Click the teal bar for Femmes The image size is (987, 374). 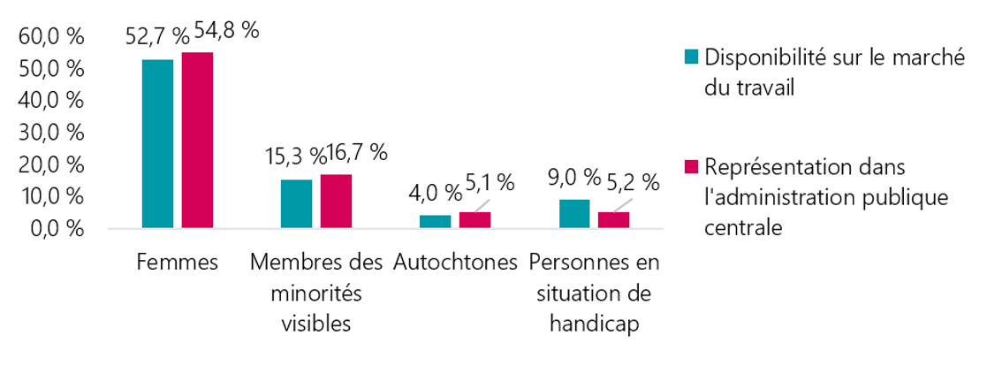(x=157, y=144)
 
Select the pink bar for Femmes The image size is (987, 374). (x=197, y=141)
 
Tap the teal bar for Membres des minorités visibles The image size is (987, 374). (x=296, y=204)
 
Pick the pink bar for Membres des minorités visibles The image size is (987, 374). (x=336, y=202)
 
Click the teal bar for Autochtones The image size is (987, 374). (x=435, y=222)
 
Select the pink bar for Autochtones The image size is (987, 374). (x=475, y=220)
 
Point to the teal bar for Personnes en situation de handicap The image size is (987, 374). (x=574, y=214)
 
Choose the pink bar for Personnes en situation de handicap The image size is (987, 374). (x=613, y=220)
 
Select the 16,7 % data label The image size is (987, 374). (x=358, y=152)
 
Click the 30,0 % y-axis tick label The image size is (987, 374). (x=50, y=133)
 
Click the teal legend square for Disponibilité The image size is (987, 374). (x=692, y=58)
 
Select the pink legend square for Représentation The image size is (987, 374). (x=692, y=167)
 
